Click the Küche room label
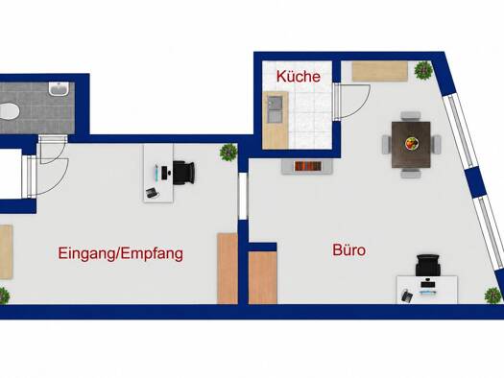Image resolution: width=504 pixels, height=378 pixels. [299, 77]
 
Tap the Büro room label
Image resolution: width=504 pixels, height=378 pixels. [348, 250]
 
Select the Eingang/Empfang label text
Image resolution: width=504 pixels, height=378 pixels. [121, 253]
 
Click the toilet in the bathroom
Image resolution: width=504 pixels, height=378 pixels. [9, 110]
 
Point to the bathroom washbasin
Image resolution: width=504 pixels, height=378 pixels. [59, 88]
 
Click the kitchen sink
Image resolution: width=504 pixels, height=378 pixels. [275, 109]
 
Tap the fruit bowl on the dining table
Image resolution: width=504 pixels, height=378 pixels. [412, 143]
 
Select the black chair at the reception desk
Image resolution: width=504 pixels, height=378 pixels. [184, 173]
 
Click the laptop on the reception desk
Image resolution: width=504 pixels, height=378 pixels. [152, 193]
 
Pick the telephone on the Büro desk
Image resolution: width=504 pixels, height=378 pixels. [407, 295]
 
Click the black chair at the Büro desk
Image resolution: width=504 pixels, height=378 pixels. [428, 266]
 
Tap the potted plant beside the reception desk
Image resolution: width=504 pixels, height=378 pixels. [228, 153]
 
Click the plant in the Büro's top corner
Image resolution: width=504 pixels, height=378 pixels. [423, 70]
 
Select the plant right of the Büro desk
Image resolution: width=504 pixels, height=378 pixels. [493, 295]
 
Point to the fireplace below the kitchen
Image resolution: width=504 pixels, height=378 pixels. [307, 166]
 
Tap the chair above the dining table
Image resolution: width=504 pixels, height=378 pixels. [411, 117]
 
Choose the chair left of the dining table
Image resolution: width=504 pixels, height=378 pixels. [387, 145]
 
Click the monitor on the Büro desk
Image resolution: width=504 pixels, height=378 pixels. [427, 284]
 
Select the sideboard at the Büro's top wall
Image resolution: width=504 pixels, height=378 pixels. [380, 71]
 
